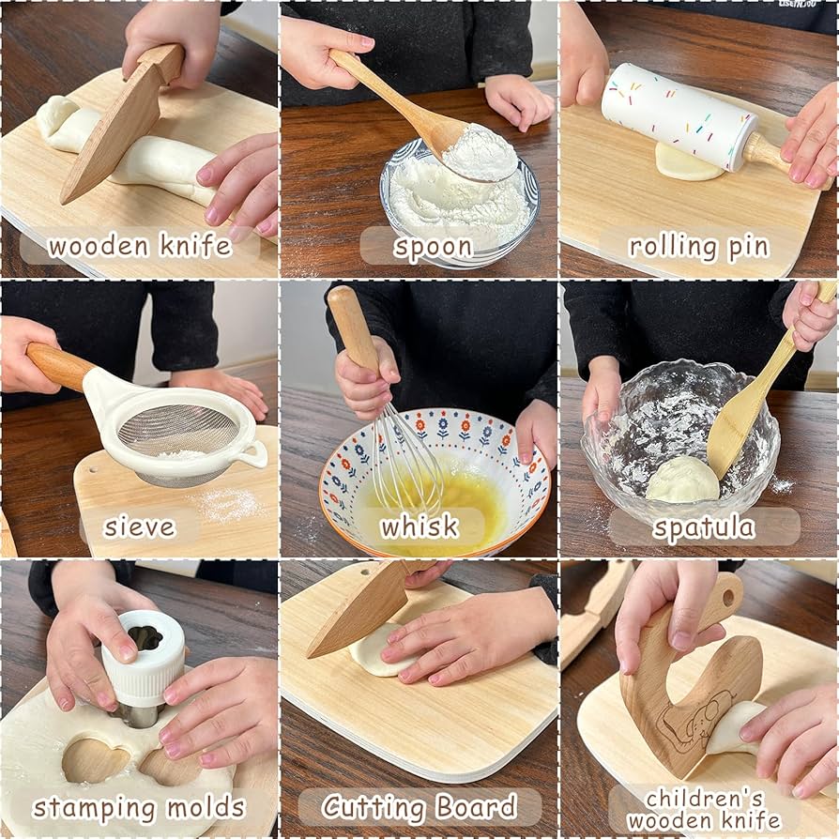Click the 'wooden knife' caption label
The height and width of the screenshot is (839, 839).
click(140, 246)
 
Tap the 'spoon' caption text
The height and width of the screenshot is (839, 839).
click(433, 247)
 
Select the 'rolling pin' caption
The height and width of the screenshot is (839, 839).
click(698, 247)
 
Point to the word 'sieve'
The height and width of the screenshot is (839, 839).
click(140, 526)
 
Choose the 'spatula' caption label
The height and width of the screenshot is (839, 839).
click(704, 527)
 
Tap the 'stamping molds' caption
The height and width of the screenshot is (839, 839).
click(139, 807)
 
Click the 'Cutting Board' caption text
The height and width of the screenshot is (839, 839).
click(419, 806)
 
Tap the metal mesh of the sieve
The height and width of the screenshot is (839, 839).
click(177, 430)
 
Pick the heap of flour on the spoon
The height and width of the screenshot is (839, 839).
click(480, 151)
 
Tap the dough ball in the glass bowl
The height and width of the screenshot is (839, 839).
click(682, 480)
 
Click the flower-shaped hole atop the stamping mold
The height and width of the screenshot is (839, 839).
click(145, 638)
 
